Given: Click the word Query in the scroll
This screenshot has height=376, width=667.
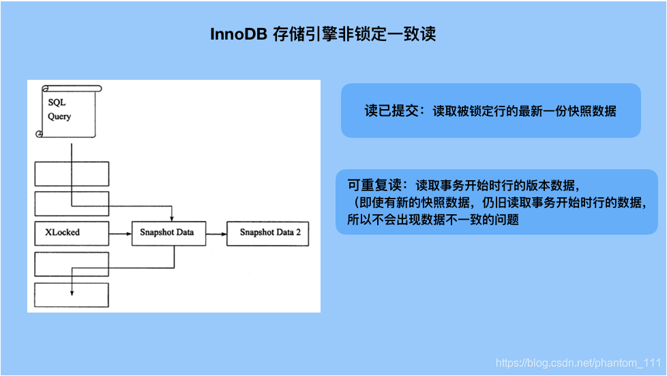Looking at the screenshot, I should pos(59,117).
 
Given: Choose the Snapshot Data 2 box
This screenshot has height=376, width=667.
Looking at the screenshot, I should pos(269,233).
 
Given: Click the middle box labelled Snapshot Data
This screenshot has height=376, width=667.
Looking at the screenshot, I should pos(166,233).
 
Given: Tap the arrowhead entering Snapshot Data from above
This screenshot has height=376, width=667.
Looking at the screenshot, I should pos(173,216).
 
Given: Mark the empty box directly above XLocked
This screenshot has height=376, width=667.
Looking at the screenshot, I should pos(72,203).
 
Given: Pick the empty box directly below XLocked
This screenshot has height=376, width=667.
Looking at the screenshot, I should pos(72,264).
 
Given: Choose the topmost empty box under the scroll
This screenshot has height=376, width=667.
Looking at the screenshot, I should pos(72,173).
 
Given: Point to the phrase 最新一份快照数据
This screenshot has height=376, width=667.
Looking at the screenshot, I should pos(572,111).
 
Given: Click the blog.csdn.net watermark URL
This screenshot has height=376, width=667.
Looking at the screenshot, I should pos(578,363).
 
